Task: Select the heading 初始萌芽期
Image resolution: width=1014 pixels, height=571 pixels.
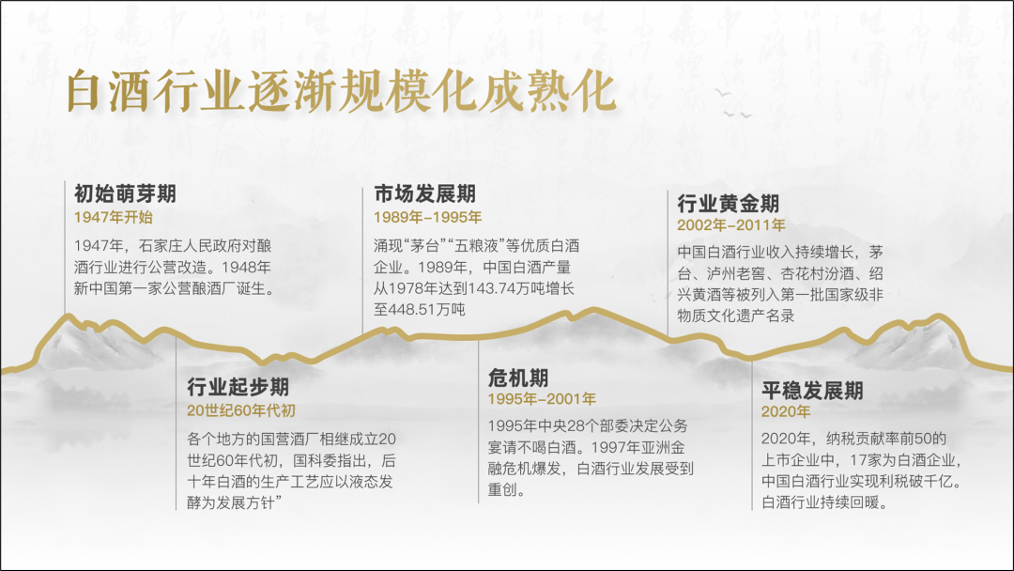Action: tap(125, 194)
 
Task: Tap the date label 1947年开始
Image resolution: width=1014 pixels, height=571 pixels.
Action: tap(113, 217)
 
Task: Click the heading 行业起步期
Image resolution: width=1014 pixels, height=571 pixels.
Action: tap(238, 387)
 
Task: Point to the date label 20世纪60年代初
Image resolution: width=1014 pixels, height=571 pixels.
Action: tap(241, 410)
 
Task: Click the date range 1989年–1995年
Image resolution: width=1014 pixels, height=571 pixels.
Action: tap(427, 217)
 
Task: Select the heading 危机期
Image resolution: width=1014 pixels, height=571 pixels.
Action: tap(518, 378)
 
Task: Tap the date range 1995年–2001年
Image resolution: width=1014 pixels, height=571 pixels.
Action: tap(542, 400)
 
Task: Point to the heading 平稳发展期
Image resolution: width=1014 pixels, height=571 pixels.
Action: tap(812, 390)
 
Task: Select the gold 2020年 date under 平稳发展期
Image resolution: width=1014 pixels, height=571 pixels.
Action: tap(786, 412)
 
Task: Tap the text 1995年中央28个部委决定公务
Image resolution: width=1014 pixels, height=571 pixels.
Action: tap(587, 425)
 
